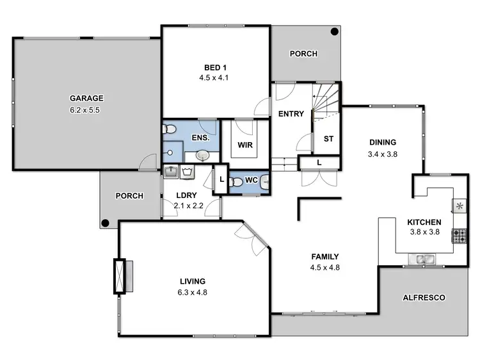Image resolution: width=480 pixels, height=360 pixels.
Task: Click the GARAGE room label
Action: click(x=86, y=98)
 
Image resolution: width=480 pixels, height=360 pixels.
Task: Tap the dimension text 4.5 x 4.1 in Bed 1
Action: click(x=214, y=78)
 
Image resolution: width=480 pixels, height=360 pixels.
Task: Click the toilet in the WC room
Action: click(x=236, y=182)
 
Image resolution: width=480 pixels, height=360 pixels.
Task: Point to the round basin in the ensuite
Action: click(x=202, y=154)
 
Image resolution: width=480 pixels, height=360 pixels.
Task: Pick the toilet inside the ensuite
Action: click(x=168, y=130)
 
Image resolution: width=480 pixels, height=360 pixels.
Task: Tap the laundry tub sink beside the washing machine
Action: click(x=172, y=171)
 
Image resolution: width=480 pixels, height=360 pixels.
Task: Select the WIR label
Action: click(x=245, y=145)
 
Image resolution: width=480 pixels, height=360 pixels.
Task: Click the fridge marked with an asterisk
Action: click(x=460, y=206)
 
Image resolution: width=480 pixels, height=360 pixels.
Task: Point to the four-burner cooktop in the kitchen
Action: click(x=460, y=236)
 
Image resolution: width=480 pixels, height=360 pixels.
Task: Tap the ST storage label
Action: click(x=328, y=138)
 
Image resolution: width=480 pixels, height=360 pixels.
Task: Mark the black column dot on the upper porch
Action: click(x=334, y=31)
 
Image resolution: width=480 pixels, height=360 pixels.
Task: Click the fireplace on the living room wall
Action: click(x=120, y=275)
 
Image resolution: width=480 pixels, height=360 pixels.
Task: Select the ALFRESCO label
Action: click(x=423, y=298)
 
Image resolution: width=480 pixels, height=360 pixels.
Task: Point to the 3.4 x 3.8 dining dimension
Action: click(x=383, y=154)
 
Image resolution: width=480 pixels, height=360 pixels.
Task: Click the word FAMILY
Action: click(x=324, y=257)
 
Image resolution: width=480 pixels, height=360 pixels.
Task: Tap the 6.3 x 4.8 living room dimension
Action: click(x=193, y=292)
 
